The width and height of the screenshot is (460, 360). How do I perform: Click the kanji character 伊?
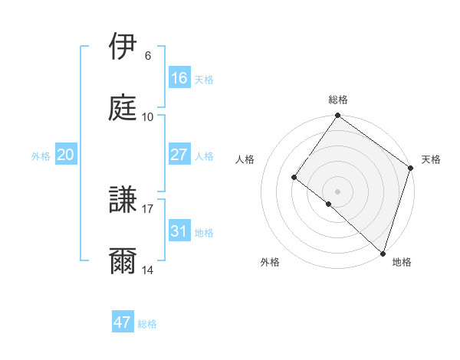click(x=124, y=47)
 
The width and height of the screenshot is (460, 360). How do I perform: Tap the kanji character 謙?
click(x=124, y=201)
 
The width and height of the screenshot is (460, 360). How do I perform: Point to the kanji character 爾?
click(x=124, y=261)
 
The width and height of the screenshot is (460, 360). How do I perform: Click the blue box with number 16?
click(x=179, y=78)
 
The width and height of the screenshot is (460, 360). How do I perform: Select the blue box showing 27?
click(x=179, y=155)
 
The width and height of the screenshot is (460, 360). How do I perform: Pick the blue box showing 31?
click(x=179, y=231)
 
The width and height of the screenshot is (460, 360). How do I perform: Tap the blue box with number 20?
click(x=66, y=155)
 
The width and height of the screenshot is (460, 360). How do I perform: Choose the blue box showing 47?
click(x=123, y=322)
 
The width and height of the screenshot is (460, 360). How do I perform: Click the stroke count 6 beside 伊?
click(x=147, y=56)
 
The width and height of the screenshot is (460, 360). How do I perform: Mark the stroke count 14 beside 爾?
click(x=148, y=270)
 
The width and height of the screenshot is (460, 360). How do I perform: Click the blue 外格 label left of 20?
click(x=41, y=155)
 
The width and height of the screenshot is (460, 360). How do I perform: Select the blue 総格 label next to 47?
click(x=147, y=324)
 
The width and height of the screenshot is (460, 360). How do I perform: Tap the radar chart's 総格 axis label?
click(x=338, y=100)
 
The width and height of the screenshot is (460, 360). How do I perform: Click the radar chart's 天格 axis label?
click(x=431, y=159)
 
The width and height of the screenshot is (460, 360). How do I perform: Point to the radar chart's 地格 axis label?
click(x=402, y=262)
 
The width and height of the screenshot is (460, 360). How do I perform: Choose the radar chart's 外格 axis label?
click(x=270, y=262)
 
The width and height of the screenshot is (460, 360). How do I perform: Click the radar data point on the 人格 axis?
click(x=294, y=178)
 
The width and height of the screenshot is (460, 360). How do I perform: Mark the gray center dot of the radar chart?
click(x=338, y=191)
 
